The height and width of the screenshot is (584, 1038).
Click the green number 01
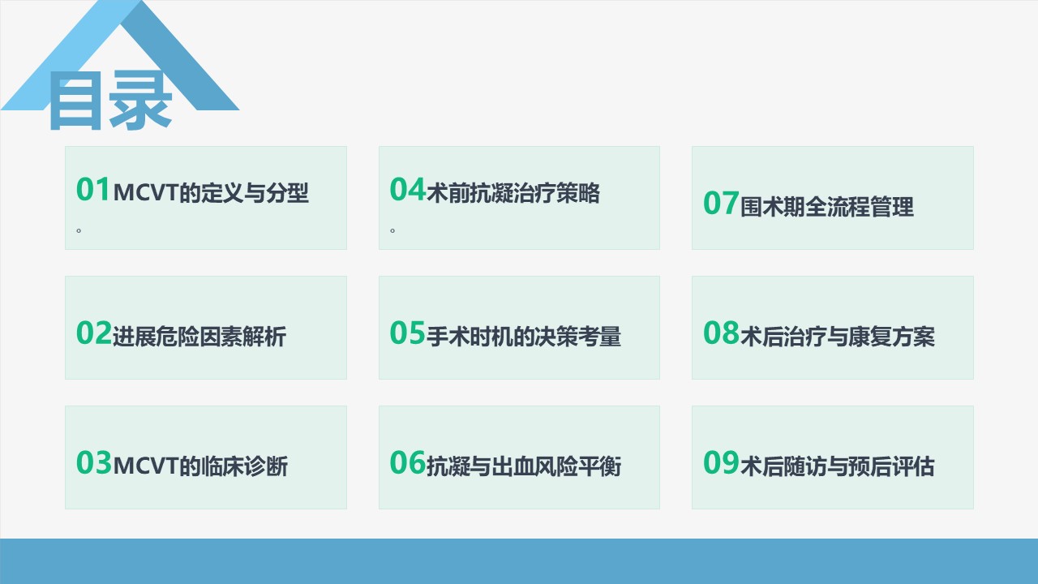pyautogui.click(x=93, y=190)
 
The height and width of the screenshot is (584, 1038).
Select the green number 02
pyautogui.click(x=94, y=333)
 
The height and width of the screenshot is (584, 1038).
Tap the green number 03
pyautogui.click(x=94, y=462)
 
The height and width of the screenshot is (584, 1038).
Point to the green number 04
pyautogui.click(x=408, y=190)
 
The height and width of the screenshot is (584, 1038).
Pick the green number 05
pyautogui.click(x=408, y=333)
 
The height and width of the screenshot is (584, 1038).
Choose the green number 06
pyautogui.click(x=408, y=462)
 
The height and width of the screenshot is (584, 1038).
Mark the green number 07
pyautogui.click(x=721, y=203)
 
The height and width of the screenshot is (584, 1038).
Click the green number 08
pyautogui.click(x=721, y=333)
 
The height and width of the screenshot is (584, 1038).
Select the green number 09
pyautogui.click(x=721, y=462)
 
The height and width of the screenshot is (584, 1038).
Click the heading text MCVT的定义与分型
pyautogui.click(x=211, y=193)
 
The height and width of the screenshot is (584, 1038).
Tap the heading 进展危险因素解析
pyautogui.click(x=199, y=337)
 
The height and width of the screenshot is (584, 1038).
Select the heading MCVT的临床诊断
pyautogui.click(x=200, y=466)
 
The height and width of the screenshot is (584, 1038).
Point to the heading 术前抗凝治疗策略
pyautogui.click(x=513, y=193)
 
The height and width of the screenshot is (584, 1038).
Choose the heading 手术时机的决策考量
pyautogui.click(x=524, y=337)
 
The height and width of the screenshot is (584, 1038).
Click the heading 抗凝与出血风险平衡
pyautogui.click(x=524, y=466)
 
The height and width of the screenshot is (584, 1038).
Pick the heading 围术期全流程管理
pyautogui.click(x=827, y=207)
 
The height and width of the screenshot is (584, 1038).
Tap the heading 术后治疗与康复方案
pyautogui.click(x=838, y=337)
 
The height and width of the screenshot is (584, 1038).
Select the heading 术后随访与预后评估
pyautogui.click(x=838, y=466)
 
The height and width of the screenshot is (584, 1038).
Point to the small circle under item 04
pyautogui.click(x=392, y=230)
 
